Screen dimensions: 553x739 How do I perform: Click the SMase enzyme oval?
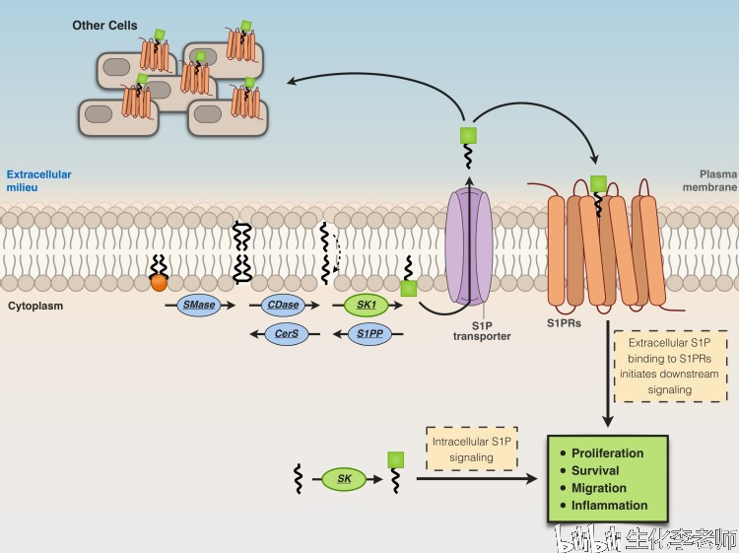point(198,306)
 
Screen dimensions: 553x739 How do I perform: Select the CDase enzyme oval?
point(282,306)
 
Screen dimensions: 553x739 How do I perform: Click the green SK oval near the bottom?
point(344,479)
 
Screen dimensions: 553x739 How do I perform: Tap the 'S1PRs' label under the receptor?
point(566,321)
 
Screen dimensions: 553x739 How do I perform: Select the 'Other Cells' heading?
point(105,25)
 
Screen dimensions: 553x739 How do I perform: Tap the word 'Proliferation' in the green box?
point(607,453)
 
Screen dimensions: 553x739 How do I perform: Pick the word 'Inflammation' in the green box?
point(609,505)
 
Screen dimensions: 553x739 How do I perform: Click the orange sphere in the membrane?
point(158,282)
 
